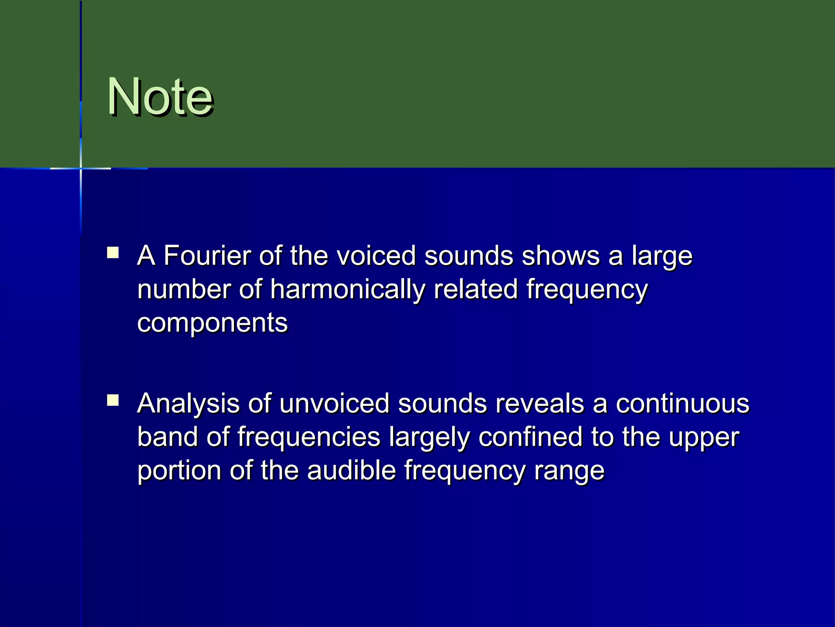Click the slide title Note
pos(160,97)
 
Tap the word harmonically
pos(347,290)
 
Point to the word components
pos(212,322)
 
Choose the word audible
pos(351,471)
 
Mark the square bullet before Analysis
pos(113,400)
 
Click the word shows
pos(561,256)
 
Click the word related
pos(475,290)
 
